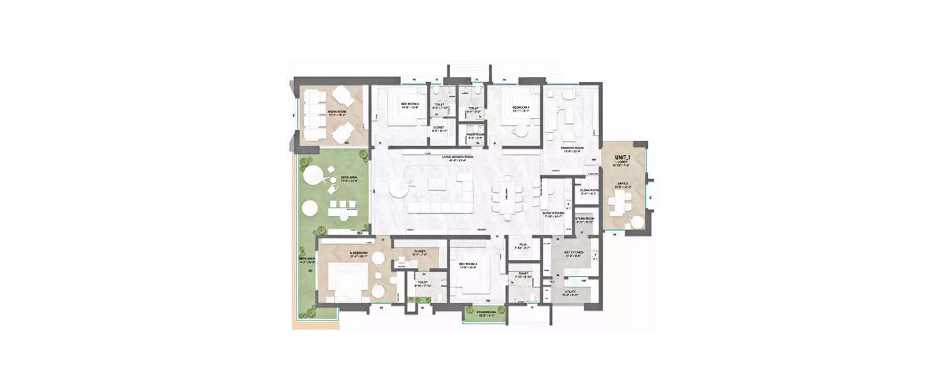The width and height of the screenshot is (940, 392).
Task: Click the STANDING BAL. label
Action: point(486,313)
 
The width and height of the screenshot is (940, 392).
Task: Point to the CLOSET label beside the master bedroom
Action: point(419,253)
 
